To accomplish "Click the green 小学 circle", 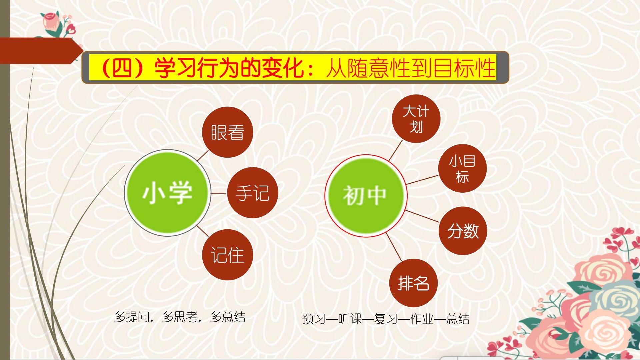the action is (x=168, y=193).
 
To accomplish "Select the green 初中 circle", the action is (x=366, y=196).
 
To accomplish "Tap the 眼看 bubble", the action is (x=228, y=132).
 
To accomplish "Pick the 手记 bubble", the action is (x=252, y=193).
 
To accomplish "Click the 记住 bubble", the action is (x=228, y=255).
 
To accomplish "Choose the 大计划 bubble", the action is (x=416, y=119).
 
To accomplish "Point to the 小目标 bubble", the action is (x=462, y=168).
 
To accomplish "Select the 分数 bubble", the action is (x=463, y=231).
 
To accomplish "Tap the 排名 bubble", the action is (x=413, y=283).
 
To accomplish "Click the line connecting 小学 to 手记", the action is (x=219, y=193).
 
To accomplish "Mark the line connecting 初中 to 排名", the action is (x=394, y=247).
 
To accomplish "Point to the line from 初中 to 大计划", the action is (x=396, y=150).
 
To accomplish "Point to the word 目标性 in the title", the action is (x=464, y=68).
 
